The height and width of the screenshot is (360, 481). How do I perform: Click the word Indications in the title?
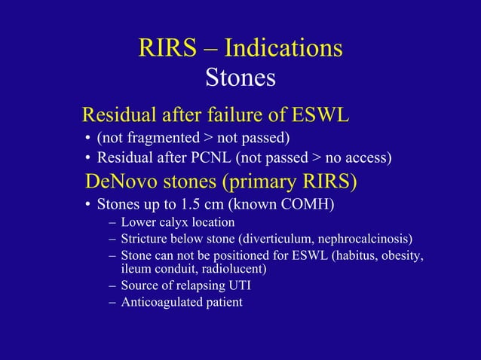click(283, 48)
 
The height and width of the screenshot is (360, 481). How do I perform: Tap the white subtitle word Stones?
click(240, 77)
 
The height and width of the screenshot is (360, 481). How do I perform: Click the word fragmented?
click(157, 138)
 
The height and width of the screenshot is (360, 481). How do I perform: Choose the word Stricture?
click(146, 240)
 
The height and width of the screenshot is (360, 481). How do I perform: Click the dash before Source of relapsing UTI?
click(112, 285)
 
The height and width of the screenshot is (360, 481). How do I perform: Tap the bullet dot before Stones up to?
click(87, 205)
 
